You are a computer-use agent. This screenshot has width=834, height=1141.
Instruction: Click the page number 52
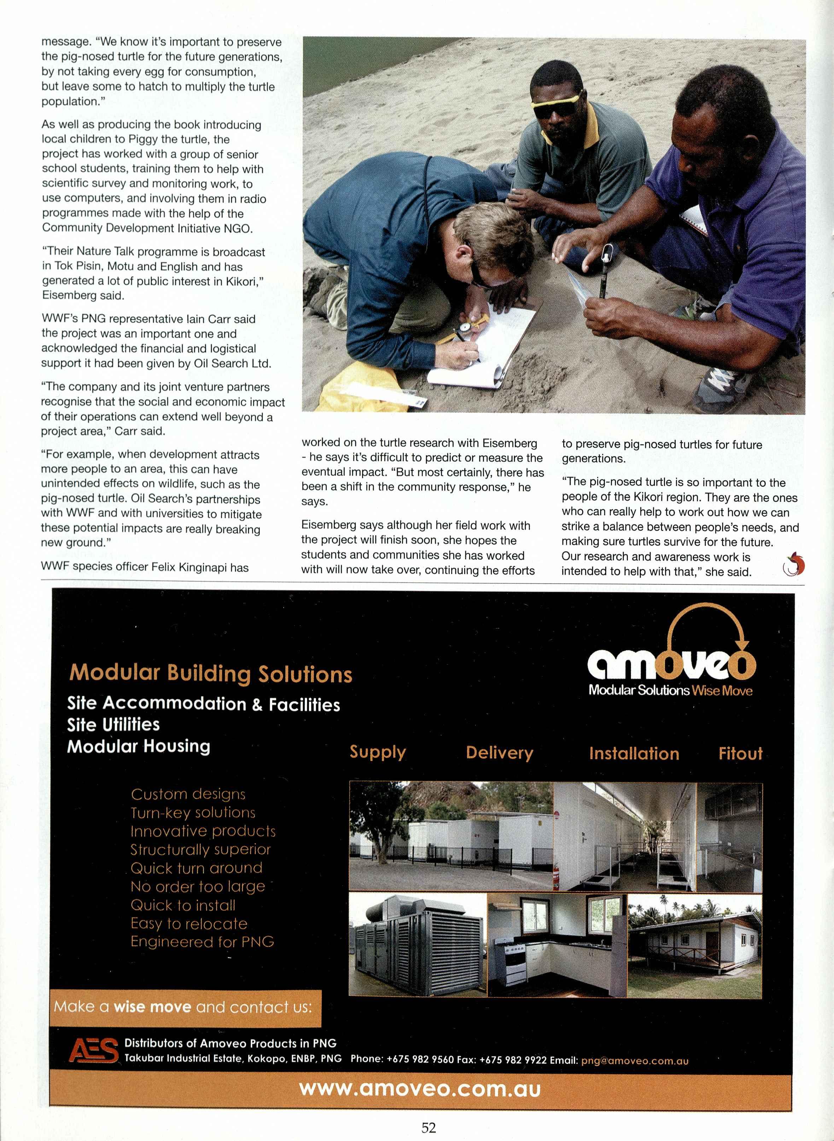click(428, 1127)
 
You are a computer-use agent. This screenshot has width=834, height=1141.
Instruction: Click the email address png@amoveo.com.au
click(635, 1061)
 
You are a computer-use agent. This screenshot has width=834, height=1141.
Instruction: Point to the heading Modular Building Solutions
click(210, 674)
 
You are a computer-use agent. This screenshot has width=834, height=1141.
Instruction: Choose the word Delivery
click(499, 753)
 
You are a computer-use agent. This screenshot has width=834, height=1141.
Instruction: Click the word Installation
click(634, 754)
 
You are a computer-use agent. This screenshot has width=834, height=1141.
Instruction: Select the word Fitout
click(740, 754)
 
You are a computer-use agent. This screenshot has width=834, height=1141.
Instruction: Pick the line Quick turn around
click(196, 868)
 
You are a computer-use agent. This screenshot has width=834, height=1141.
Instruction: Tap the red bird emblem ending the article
click(793, 564)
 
